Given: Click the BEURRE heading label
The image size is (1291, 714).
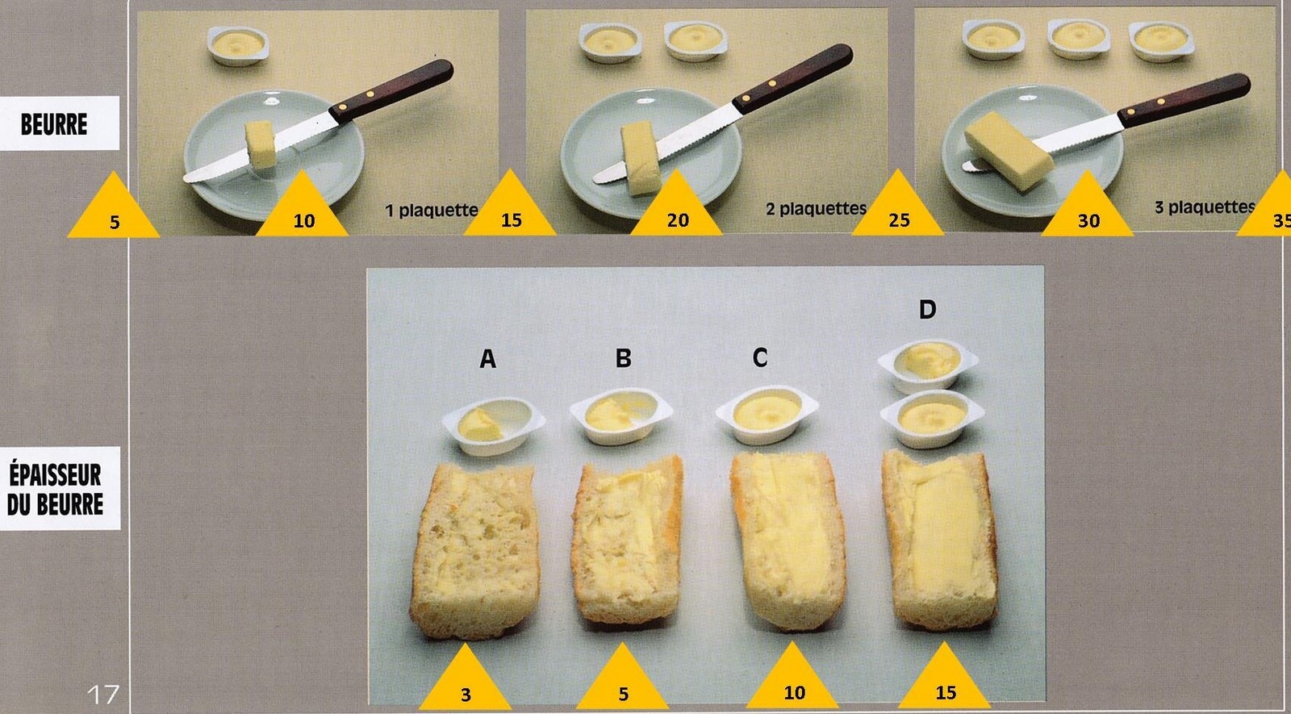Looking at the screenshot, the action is tap(54, 124).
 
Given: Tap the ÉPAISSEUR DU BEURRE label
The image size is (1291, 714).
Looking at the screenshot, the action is tap(56, 489).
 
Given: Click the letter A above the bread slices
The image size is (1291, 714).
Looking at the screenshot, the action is tap(487, 359).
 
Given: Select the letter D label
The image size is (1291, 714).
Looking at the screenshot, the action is tap(927, 310).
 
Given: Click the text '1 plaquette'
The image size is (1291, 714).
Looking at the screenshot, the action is tap(432, 211).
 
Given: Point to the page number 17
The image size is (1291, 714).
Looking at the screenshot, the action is tap(103, 695).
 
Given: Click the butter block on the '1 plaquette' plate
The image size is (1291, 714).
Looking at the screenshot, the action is tap(261, 144).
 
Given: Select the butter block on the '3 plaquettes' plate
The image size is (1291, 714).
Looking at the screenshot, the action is tap(1009, 151).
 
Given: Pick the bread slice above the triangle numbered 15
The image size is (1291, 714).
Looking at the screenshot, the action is tap(940, 540).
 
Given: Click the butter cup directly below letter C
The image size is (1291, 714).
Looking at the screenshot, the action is tap(767, 415).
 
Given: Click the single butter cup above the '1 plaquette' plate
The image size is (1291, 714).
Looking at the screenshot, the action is tap(238, 45).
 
